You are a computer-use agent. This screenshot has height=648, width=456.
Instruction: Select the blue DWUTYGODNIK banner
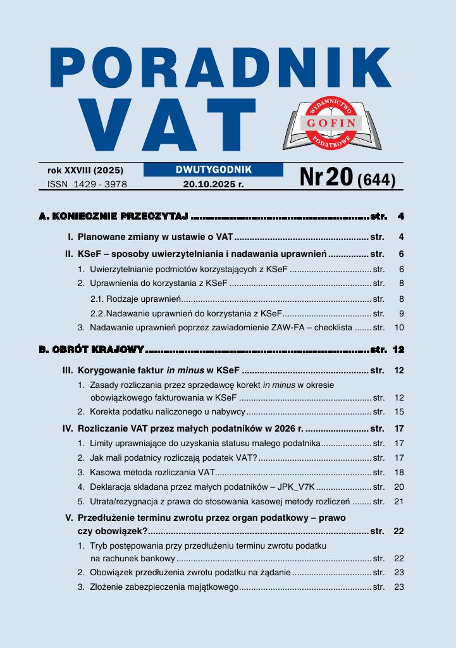click(x=213, y=170)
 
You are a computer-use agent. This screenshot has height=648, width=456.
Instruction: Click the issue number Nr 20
click(x=326, y=178)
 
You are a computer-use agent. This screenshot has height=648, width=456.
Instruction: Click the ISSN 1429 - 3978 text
click(x=87, y=184)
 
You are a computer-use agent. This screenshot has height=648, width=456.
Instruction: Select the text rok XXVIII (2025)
click(x=85, y=170)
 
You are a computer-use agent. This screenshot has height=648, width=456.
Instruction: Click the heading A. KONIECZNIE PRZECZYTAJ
click(x=114, y=216)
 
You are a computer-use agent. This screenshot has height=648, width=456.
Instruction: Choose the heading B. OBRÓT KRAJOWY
click(x=92, y=349)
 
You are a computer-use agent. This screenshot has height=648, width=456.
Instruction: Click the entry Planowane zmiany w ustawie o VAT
click(x=156, y=237)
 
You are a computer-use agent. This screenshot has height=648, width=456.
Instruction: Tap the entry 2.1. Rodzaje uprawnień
click(x=137, y=298)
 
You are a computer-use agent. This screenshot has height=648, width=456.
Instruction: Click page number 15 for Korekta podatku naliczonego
click(x=398, y=411)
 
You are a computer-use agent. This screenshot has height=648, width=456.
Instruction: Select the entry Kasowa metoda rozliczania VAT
click(x=152, y=472)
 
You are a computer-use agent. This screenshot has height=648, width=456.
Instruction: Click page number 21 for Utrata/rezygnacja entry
click(x=398, y=501)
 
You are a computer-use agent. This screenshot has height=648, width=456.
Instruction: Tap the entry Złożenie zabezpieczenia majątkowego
click(x=164, y=587)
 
